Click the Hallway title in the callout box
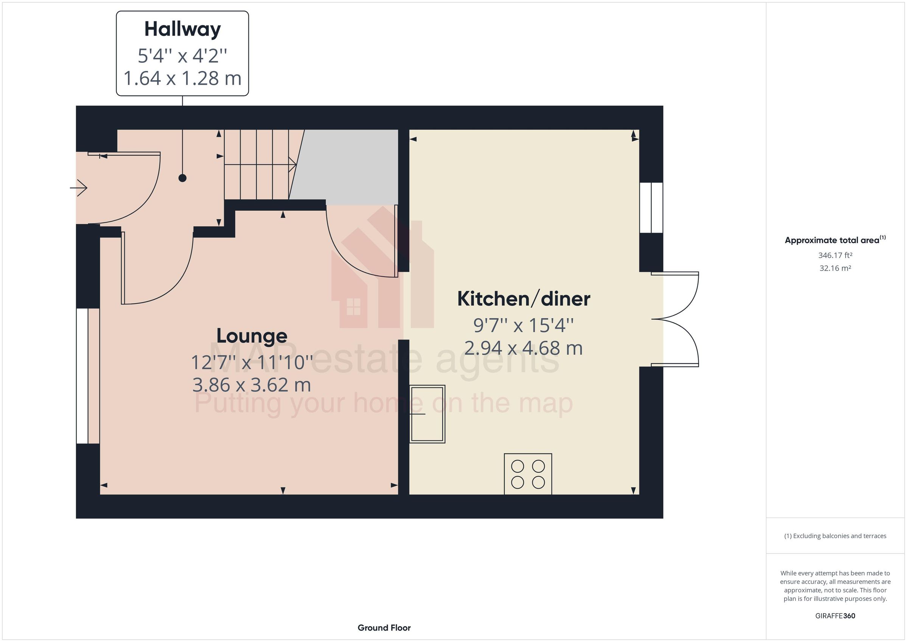click(x=182, y=29)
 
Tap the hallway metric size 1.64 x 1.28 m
click(x=182, y=78)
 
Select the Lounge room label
click(x=252, y=336)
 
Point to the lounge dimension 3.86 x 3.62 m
click(x=252, y=385)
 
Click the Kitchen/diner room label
click(x=523, y=299)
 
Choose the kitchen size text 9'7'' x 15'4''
click(x=523, y=326)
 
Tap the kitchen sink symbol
click(x=427, y=414)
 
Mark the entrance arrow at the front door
click(x=79, y=188)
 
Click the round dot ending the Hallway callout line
click(x=182, y=178)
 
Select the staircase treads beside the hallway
click(x=257, y=164)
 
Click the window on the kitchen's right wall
click(x=651, y=208)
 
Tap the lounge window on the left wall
click(x=82, y=376)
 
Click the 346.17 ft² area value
click(x=835, y=255)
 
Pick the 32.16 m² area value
click(x=835, y=268)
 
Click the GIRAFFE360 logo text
click(x=835, y=616)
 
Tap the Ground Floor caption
click(x=384, y=628)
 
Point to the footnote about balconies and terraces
click(x=835, y=536)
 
